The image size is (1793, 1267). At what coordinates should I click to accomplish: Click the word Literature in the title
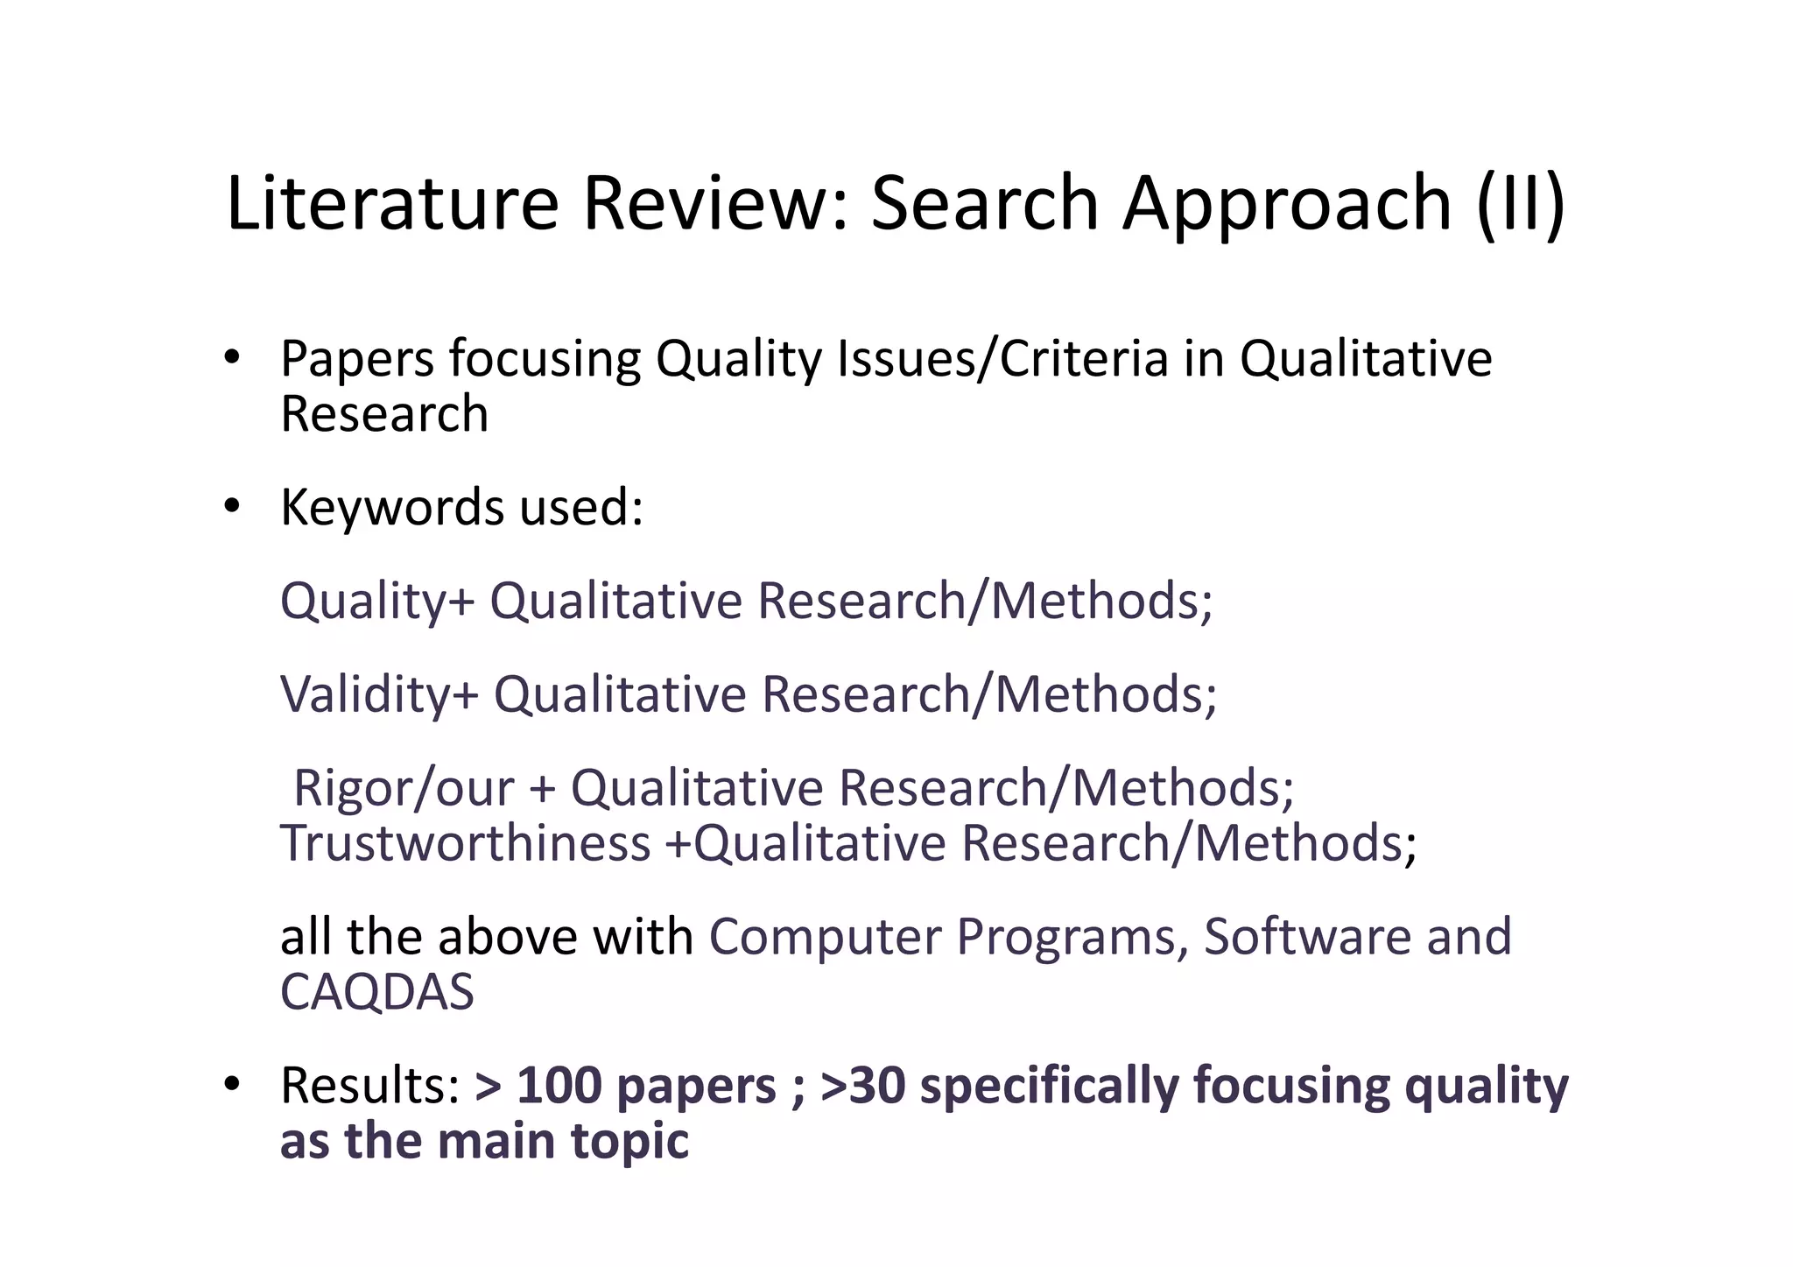392,203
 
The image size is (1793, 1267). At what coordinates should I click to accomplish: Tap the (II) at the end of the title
1520,203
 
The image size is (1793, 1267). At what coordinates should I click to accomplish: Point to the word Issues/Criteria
1003,359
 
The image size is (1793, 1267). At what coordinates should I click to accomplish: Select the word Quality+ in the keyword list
377,602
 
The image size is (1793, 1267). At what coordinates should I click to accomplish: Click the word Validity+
380,695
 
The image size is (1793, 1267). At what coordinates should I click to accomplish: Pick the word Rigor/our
404,788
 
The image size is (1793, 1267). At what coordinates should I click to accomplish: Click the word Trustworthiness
465,843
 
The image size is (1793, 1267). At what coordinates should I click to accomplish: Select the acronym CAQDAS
376,992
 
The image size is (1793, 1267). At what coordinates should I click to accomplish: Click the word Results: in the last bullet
370,1086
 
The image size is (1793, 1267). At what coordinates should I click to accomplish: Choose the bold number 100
559,1086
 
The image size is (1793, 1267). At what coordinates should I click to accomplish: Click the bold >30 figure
862,1086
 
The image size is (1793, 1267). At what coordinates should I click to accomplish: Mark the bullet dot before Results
231,1084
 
